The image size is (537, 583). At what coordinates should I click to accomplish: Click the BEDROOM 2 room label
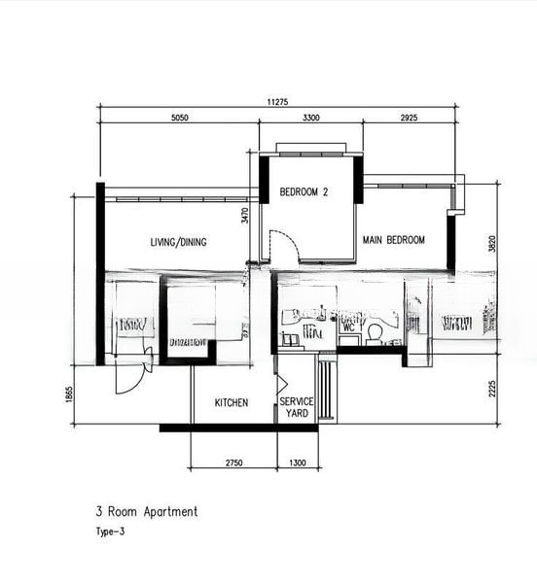(x=304, y=192)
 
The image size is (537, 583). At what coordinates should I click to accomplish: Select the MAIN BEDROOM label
(x=393, y=240)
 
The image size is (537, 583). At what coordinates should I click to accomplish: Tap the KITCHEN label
(x=232, y=402)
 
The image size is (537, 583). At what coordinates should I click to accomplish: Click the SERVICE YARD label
(x=297, y=407)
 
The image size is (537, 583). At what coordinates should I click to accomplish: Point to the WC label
(x=347, y=327)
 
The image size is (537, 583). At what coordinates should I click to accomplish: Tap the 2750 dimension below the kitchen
(x=233, y=464)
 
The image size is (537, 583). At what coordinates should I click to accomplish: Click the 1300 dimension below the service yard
(x=298, y=464)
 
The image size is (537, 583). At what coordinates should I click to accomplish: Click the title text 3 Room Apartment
(x=146, y=511)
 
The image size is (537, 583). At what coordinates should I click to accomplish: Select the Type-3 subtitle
(x=110, y=532)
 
